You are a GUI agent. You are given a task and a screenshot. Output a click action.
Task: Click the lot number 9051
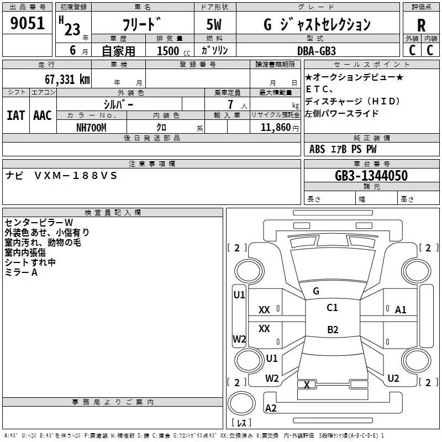[x=27, y=23]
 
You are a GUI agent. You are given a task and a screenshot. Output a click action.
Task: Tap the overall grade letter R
[x=421, y=25]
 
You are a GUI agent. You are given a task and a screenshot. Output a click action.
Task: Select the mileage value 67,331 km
[x=67, y=79]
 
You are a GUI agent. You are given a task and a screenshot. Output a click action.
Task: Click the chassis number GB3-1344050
[x=371, y=176]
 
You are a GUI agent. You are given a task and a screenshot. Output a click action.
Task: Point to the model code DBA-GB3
[x=317, y=51]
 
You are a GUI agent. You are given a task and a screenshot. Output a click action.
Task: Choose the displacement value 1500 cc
[x=173, y=51]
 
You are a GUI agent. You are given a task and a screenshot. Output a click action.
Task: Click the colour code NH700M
[x=91, y=128]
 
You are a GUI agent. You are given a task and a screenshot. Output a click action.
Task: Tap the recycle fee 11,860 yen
[x=280, y=128]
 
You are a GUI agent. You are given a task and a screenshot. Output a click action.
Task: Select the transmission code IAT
[x=16, y=115]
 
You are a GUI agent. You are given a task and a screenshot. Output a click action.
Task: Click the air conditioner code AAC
[x=43, y=115]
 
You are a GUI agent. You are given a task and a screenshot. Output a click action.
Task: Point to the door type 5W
[x=214, y=24]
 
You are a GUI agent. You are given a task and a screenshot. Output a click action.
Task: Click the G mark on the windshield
[x=316, y=291]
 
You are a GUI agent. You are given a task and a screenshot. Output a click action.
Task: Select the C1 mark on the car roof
[x=332, y=308]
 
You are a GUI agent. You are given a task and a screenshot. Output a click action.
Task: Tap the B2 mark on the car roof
[x=333, y=329]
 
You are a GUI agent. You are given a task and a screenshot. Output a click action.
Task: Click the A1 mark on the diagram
[x=401, y=310]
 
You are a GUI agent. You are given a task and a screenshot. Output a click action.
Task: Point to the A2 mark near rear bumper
[x=271, y=408]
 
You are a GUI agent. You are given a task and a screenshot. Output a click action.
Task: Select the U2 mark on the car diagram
[x=393, y=378]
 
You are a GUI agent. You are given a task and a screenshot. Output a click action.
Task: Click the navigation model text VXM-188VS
[x=76, y=176]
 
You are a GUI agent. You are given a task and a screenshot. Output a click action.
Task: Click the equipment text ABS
[x=317, y=149]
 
